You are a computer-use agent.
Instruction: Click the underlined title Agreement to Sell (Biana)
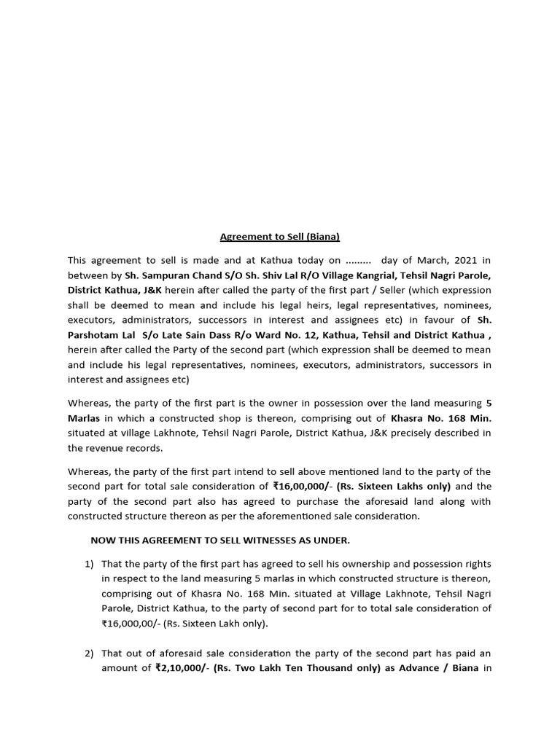pos(280,237)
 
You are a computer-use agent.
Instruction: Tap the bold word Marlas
pos(85,418)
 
